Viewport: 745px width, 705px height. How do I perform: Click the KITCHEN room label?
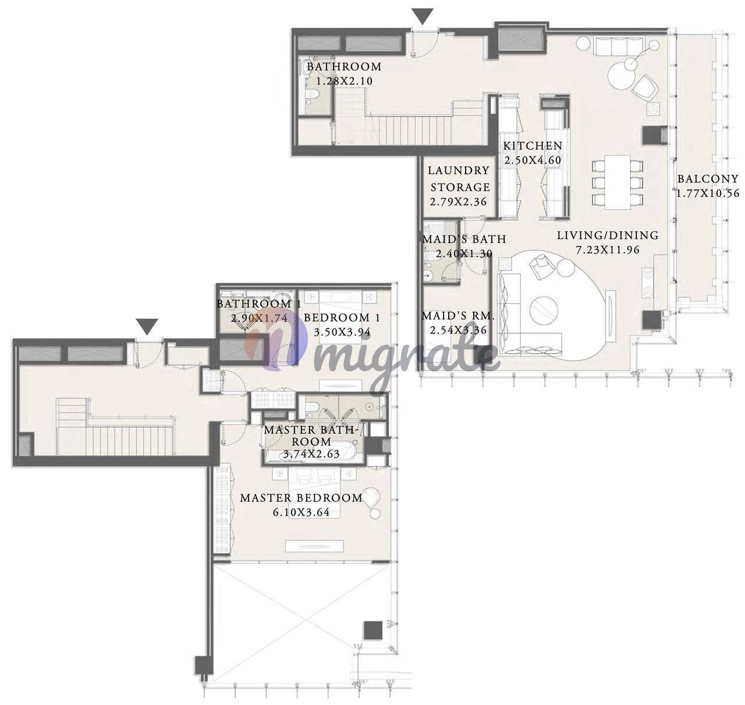pos(533,146)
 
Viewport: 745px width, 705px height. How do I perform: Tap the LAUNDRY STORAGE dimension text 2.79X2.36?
pos(458,202)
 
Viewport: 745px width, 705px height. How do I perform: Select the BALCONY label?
pos(708,179)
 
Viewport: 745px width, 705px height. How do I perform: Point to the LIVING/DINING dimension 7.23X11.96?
pos(608,250)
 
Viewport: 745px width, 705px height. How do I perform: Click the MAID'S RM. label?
pos(458,316)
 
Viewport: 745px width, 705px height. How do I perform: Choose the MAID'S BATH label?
pos(464,239)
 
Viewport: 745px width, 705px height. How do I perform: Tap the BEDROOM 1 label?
pos(342,318)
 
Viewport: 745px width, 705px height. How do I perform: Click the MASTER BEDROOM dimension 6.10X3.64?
pos(301,513)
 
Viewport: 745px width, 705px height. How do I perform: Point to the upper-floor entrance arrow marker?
pos(423,17)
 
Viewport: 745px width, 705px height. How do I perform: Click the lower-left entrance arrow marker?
pos(147,326)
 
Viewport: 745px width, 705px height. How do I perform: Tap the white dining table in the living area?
pos(618,182)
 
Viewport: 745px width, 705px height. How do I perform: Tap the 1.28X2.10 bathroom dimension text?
pos(345,81)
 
